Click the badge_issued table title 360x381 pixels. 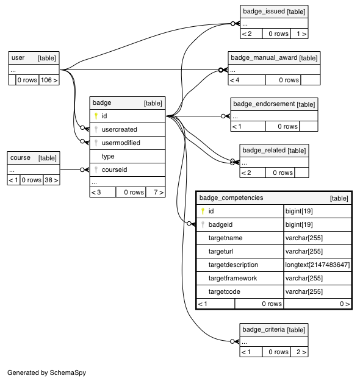tap(264, 11)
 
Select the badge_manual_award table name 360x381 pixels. tap(264, 57)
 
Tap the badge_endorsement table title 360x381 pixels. tap(264, 104)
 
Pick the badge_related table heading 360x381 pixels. tap(264, 150)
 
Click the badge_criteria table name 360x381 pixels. tap(264, 329)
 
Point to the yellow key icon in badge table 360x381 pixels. tap(96, 116)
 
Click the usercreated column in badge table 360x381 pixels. tap(119, 129)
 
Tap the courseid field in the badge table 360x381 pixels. tap(114, 169)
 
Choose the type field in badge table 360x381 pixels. tap(108, 157)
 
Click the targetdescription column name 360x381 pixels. tap(233, 265)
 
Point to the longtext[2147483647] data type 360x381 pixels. tap(317, 265)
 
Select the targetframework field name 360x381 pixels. tap(232, 278)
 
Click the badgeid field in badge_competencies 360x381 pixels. tap(220, 224)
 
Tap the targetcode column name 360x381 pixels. tap(225, 291)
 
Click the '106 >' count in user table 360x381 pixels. tap(49, 80)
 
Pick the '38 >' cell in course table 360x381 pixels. tap(51, 180)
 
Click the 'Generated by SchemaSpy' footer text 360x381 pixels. tap(47, 372)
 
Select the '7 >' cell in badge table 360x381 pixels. tap(159, 192)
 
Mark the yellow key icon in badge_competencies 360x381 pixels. tap(203, 211)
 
